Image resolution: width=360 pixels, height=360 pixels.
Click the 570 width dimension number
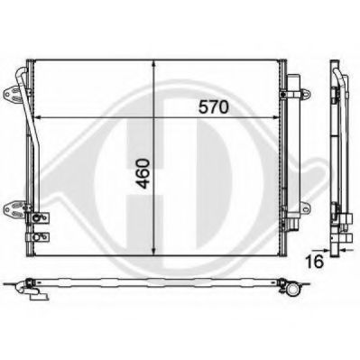click(214, 106)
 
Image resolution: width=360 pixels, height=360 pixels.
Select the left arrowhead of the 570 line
click(39, 118)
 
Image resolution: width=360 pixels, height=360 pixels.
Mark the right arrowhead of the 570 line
click(277, 118)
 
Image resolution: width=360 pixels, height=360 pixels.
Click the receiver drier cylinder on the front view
click(292, 153)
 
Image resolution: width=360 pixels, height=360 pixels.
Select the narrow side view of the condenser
click(337, 153)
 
